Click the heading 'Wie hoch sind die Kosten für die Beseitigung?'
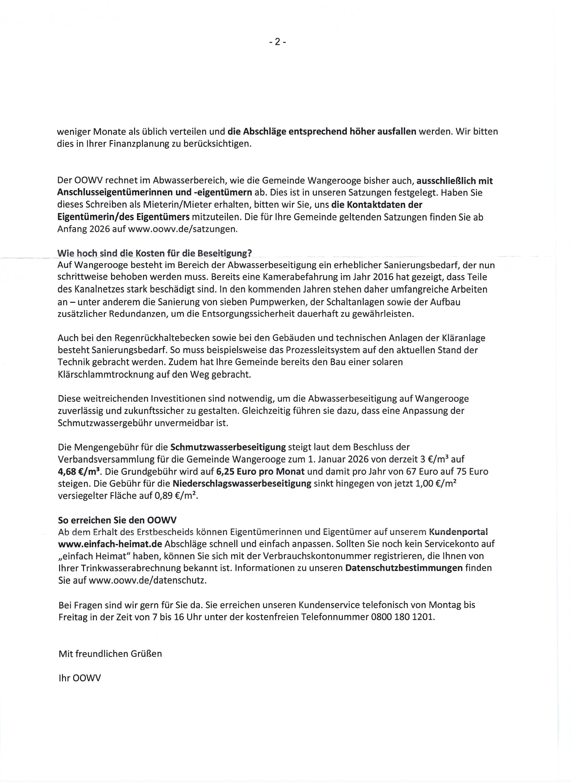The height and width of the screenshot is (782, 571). click(x=155, y=253)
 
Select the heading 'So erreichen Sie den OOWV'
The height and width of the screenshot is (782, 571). click(x=117, y=520)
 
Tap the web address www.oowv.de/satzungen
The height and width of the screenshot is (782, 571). click(x=182, y=229)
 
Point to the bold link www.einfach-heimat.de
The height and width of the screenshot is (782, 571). click(x=110, y=544)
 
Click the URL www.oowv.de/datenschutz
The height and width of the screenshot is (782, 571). click(x=147, y=580)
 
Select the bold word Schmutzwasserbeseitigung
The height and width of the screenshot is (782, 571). click(x=228, y=447)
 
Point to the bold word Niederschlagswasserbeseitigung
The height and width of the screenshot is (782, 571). click(x=242, y=484)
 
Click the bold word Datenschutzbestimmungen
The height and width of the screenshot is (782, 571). click(x=404, y=568)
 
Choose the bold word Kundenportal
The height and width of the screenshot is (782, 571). click(x=458, y=532)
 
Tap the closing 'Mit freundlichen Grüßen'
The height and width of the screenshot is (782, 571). click(x=110, y=654)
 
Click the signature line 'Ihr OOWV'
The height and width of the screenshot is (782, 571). click(x=80, y=678)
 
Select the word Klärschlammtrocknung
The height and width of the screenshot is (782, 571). click(x=105, y=374)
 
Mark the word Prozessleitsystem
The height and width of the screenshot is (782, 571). click(x=322, y=350)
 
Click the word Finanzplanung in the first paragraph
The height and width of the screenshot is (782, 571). click(x=139, y=144)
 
